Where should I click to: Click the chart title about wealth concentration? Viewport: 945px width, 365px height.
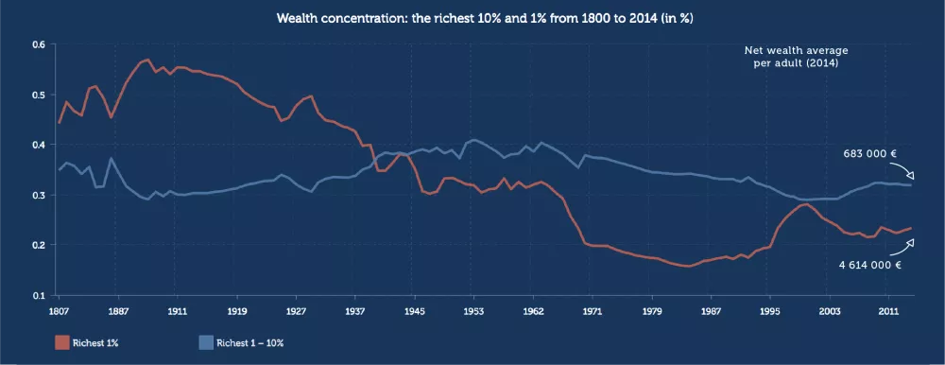tap(472, 18)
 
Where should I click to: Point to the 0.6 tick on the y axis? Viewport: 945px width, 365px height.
tap(39, 44)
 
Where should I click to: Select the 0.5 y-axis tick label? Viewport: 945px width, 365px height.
tap(39, 95)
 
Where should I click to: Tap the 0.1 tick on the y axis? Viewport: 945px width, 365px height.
tap(39, 295)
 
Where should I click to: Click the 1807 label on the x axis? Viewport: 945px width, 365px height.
tap(59, 309)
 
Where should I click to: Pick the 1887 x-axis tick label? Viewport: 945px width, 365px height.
tap(118, 309)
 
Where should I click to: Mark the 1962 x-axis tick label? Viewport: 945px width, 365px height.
tap(533, 309)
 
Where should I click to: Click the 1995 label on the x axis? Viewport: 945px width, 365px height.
tap(770, 309)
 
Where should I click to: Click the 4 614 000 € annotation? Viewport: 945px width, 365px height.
tap(869, 266)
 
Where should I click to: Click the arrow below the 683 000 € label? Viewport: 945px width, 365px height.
tap(905, 171)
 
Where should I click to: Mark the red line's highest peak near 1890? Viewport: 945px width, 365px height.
tap(146, 61)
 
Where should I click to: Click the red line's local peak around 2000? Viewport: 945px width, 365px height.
tap(804, 203)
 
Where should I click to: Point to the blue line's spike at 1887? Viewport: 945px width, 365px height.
tap(112, 159)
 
